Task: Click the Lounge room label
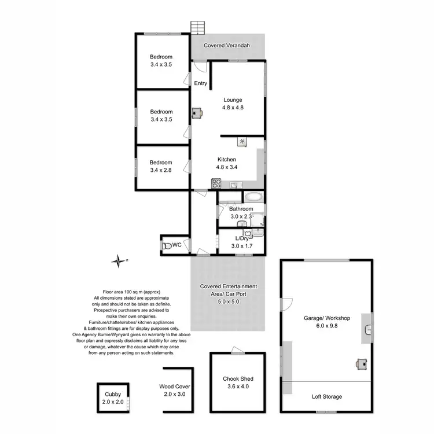(232, 100)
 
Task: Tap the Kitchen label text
(227, 160)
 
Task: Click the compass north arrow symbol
(119, 261)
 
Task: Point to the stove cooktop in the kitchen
(217, 184)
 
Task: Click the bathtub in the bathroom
(253, 196)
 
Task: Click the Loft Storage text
(327, 396)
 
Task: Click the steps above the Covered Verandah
(198, 28)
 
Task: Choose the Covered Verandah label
(226, 45)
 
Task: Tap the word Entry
(200, 83)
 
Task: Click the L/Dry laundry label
(242, 238)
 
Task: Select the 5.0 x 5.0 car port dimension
(228, 301)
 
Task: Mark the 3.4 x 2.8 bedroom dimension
(161, 170)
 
